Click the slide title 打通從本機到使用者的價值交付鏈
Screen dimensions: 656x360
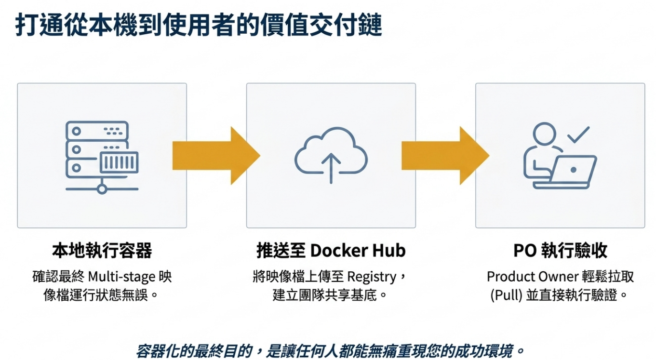(199, 25)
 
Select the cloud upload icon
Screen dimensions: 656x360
(331, 155)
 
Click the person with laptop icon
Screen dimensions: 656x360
(560, 156)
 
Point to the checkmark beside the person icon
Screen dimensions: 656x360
(578, 135)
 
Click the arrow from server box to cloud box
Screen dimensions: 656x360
(216, 156)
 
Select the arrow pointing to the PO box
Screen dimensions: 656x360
(445, 156)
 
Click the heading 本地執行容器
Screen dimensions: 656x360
(102, 251)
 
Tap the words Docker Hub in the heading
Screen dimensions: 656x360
(358, 251)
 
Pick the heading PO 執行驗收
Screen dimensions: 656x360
(560, 251)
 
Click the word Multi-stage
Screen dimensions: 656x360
(121, 277)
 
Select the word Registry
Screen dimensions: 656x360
(372, 277)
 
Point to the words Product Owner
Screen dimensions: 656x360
(533, 277)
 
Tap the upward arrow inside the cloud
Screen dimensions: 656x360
(331, 168)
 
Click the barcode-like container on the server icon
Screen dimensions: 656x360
(119, 162)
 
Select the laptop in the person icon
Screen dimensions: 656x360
(565, 172)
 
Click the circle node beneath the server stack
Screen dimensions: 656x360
(102, 189)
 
